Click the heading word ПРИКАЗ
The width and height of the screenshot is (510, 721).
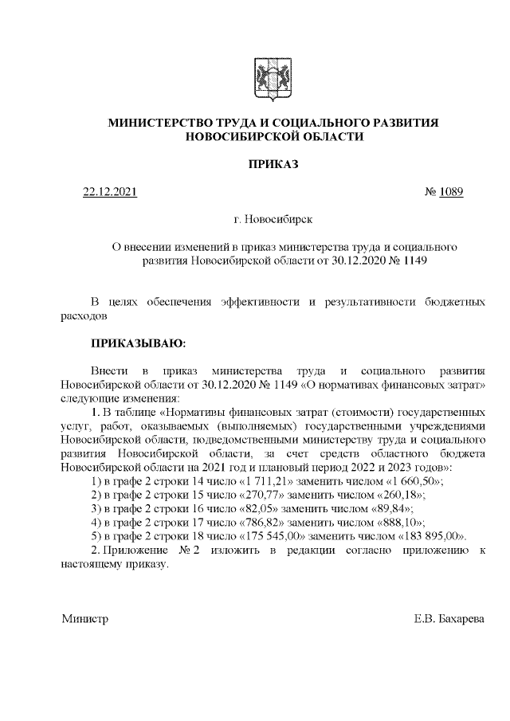pyautogui.click(x=274, y=165)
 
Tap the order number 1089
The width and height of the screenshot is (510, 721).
pyautogui.click(x=449, y=192)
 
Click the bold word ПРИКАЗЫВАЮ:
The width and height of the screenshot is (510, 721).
pyautogui.click(x=138, y=344)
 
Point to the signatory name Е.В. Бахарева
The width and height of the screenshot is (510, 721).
pyautogui.click(x=449, y=619)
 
